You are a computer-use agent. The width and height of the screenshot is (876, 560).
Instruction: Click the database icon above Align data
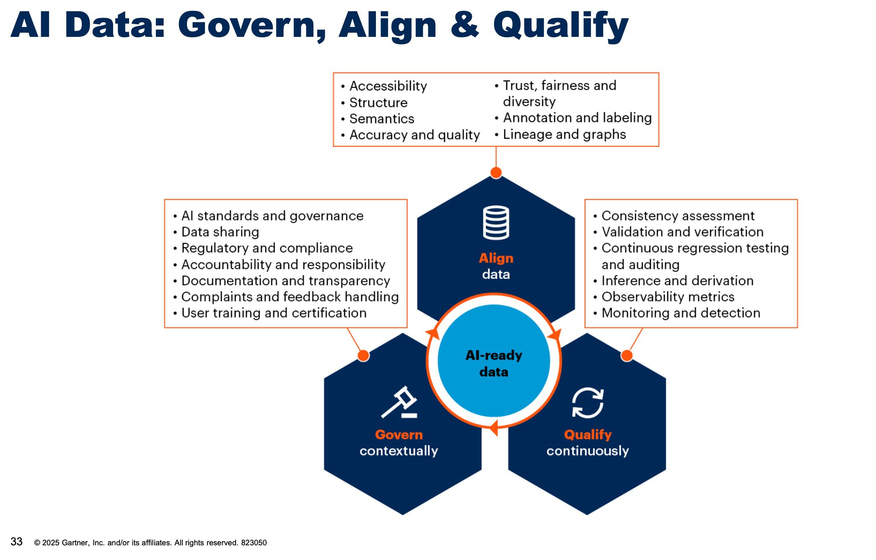496,223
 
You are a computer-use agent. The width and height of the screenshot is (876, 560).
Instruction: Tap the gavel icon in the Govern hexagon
399,402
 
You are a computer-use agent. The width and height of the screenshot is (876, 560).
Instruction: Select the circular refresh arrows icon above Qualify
588,403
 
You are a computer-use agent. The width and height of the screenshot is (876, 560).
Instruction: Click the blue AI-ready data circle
494,360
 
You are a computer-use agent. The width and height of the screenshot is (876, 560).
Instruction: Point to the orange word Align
496,258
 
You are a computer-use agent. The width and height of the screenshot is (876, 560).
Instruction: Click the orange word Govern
399,435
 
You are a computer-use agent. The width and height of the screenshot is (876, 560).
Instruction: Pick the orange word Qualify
588,435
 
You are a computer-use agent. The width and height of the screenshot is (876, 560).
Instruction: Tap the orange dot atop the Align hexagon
496,172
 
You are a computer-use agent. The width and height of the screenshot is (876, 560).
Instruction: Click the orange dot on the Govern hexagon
363,355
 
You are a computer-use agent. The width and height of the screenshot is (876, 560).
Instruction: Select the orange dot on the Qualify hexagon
627,355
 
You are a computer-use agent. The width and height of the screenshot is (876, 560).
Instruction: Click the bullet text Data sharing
220,232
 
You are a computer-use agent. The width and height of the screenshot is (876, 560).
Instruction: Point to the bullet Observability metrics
668,297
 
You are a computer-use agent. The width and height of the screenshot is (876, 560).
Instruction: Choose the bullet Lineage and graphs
564,135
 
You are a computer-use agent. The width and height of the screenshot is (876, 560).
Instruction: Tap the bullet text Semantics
382,119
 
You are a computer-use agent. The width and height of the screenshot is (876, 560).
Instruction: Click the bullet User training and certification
274,313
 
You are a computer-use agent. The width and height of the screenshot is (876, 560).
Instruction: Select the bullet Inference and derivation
677,281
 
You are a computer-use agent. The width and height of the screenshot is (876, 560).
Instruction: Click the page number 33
16,542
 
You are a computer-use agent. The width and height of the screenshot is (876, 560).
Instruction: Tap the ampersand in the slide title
464,25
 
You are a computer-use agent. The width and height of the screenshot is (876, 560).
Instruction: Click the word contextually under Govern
399,451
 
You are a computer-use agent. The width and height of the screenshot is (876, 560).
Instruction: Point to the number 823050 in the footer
254,543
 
